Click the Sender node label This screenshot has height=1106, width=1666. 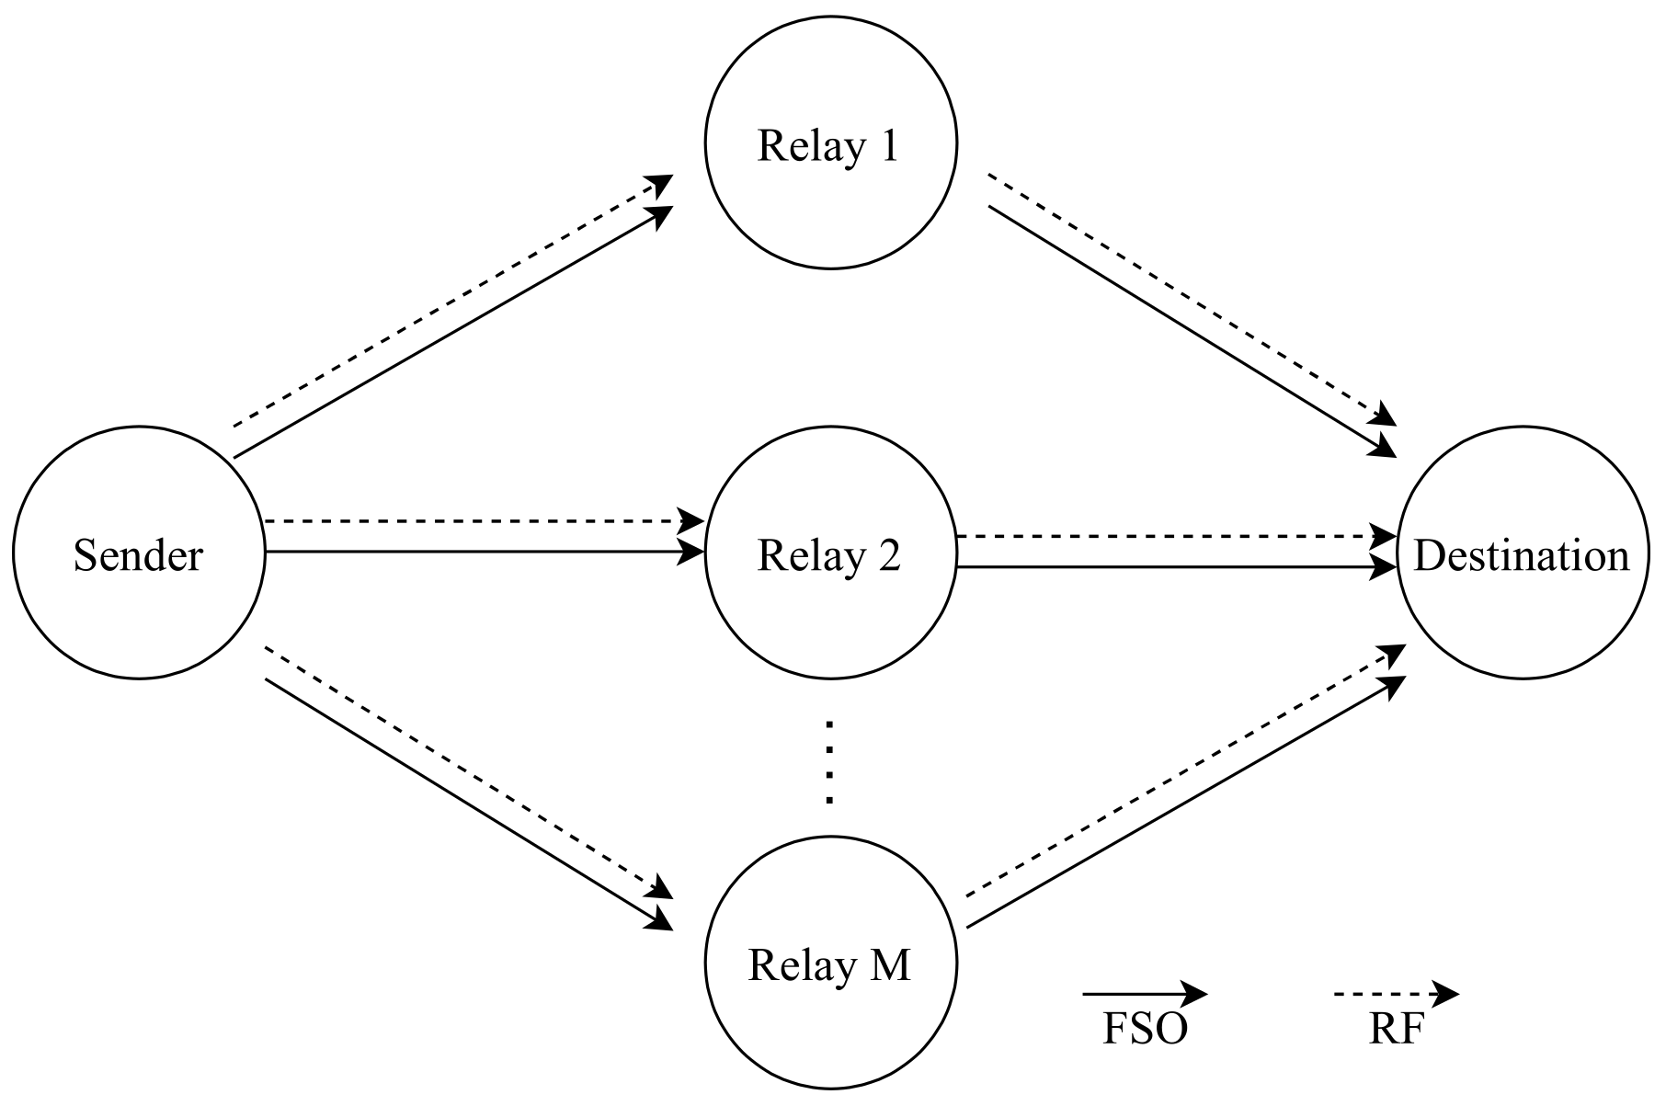pyautogui.click(x=138, y=556)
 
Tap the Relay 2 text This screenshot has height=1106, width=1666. pyautogui.click(x=828, y=556)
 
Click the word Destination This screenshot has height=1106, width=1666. pyautogui.click(x=1522, y=556)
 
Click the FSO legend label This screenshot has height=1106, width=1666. pyautogui.click(x=1145, y=1030)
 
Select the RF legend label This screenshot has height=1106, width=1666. pyautogui.click(x=1395, y=1030)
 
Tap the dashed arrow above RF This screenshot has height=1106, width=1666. pyautogui.click(x=1395, y=994)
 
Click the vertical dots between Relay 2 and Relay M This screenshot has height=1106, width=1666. pyautogui.click(x=829, y=763)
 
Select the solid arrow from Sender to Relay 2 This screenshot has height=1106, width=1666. pyautogui.click(x=478, y=552)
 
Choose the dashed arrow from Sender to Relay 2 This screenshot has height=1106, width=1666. pyautogui.click(x=478, y=521)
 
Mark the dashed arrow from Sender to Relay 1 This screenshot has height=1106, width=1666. pyautogui.click(x=451, y=302)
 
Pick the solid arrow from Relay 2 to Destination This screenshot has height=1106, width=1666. pyautogui.click(x=1177, y=567)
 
